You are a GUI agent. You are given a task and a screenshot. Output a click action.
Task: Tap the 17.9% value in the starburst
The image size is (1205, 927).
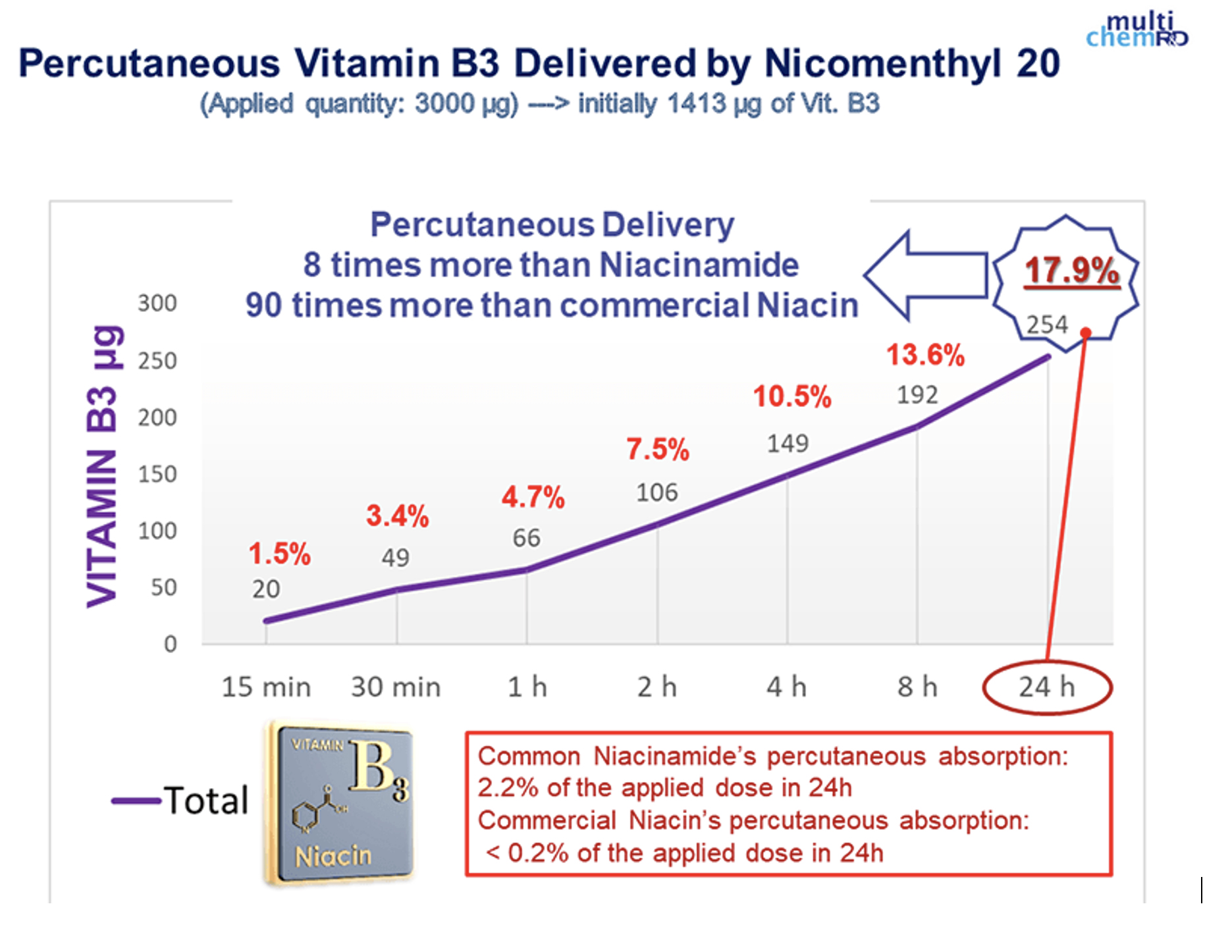point(1072,271)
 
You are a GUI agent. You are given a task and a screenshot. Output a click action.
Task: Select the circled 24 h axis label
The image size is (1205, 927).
point(1047,687)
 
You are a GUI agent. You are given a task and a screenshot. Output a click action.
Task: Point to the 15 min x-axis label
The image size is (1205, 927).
point(266,687)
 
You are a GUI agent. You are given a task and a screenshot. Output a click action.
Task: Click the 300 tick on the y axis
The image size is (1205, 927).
point(157,304)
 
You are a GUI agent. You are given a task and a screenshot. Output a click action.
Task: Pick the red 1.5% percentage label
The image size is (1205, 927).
point(279,554)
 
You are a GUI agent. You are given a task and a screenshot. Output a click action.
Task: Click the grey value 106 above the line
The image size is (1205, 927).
point(656,492)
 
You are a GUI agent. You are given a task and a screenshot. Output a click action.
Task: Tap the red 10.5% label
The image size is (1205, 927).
point(792,397)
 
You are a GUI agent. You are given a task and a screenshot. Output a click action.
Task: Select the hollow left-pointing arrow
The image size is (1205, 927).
point(926,276)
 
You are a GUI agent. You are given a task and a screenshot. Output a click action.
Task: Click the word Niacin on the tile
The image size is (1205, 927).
point(333,856)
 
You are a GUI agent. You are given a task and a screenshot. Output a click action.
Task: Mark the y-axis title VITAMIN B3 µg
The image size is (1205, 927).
point(103,466)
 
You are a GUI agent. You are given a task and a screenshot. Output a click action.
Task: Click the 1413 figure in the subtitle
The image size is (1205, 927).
point(697,104)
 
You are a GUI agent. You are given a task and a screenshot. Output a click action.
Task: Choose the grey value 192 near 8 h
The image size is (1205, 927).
point(917,395)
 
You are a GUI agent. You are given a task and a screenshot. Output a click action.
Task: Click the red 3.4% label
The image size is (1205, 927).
point(397,516)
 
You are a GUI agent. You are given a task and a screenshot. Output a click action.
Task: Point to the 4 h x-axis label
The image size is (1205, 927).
point(786,687)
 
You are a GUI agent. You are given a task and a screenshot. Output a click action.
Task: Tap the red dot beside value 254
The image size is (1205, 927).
point(1086,332)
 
